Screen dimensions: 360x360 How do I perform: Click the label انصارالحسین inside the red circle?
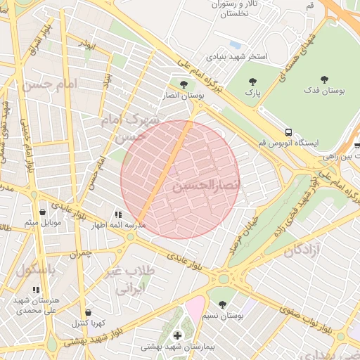(206, 185)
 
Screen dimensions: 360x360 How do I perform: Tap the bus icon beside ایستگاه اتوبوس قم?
(288, 131)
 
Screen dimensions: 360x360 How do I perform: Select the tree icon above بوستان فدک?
(324, 79)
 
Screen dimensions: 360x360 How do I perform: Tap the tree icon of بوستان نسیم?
(223, 304)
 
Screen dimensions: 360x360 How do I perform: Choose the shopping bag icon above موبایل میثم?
(43, 211)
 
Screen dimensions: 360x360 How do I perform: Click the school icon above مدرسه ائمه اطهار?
(117, 214)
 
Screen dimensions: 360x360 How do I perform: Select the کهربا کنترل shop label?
(88, 323)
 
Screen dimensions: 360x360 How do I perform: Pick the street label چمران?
(80, 253)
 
